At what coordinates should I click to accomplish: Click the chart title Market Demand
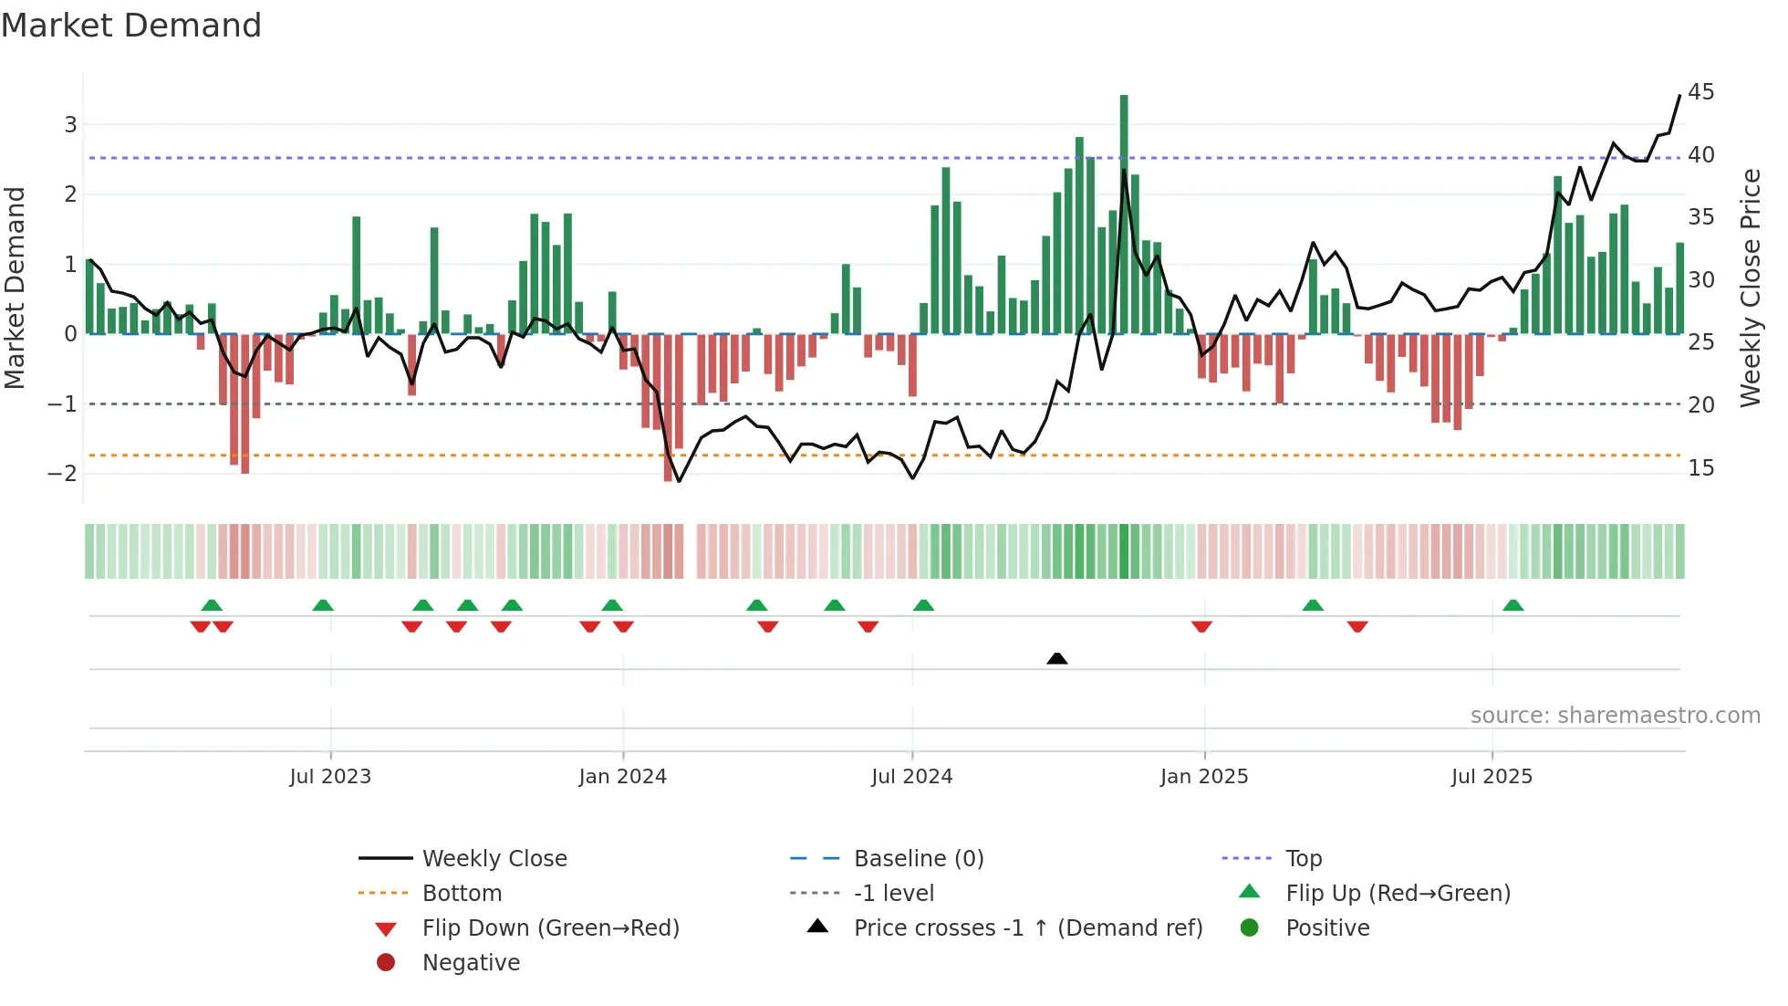[x=131, y=26]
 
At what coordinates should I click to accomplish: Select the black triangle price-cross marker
[x=1056, y=658]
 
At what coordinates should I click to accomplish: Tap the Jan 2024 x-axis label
[x=622, y=777]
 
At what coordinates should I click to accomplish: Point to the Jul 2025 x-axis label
[x=1492, y=777]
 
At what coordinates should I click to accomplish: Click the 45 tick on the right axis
[x=1700, y=92]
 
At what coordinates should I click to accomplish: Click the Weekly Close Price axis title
[x=1750, y=288]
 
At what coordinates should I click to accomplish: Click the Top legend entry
[x=1303, y=859]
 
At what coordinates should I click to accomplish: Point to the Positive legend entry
[x=1327, y=928]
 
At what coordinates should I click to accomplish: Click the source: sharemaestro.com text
[x=1615, y=716]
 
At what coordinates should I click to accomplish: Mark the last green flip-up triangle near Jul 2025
[x=1513, y=605]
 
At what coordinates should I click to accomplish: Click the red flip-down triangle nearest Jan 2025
[x=1201, y=626]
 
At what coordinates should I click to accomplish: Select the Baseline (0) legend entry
[x=918, y=859]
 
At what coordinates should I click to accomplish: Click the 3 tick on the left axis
[x=69, y=124]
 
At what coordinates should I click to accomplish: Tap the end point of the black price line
[x=1679, y=96]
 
